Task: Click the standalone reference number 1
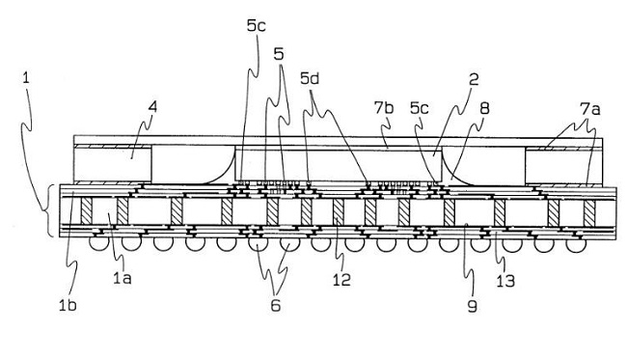[26, 77]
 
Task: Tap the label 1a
[122, 278]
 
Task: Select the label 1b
[68, 306]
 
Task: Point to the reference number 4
[152, 107]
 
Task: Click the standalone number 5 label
[279, 54]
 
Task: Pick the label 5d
[310, 79]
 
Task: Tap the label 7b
[384, 108]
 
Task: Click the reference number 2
[474, 79]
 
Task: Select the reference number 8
[484, 108]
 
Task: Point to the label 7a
[590, 109]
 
